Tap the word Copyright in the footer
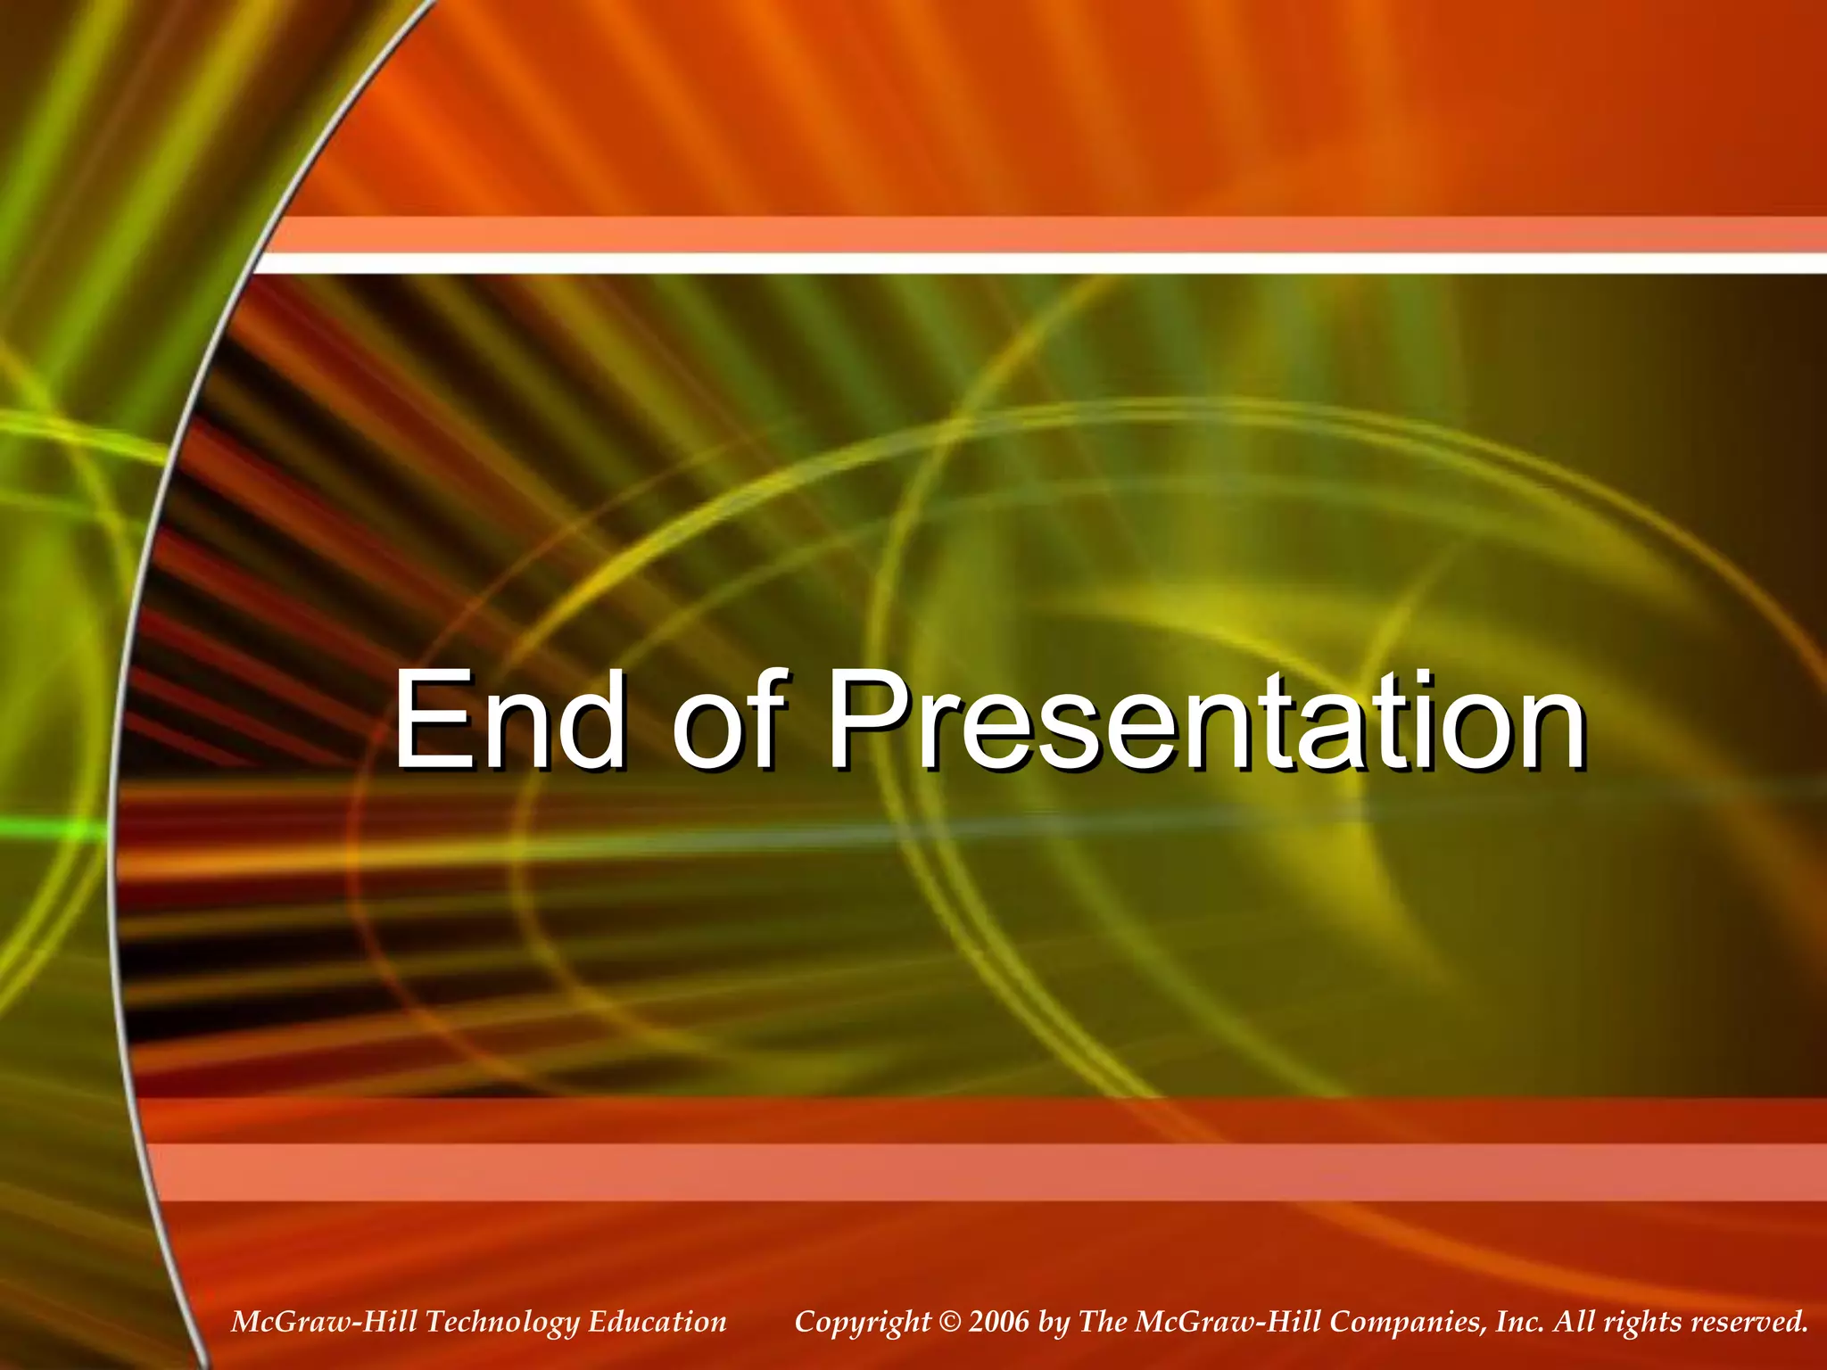pos(862,1322)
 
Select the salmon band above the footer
pos(981,1172)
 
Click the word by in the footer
pos(1054,1323)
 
